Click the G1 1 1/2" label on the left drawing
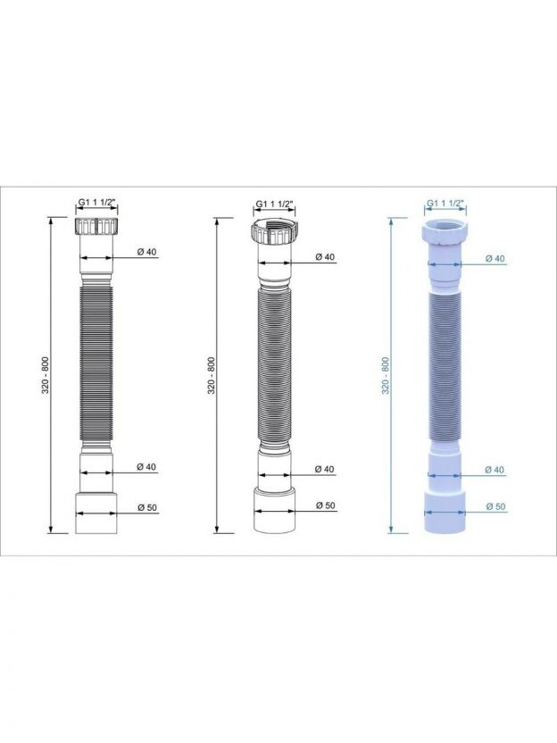[x=96, y=202]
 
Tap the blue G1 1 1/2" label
[x=445, y=204]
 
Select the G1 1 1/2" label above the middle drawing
[x=275, y=204]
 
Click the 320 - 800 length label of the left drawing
[x=46, y=375]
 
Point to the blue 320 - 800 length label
[x=386, y=375]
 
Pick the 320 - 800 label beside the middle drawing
[x=212, y=375]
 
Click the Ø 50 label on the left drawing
[x=146, y=507]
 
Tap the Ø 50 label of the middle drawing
[x=326, y=505]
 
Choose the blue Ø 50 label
[x=495, y=506]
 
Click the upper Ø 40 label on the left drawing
[x=146, y=252]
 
